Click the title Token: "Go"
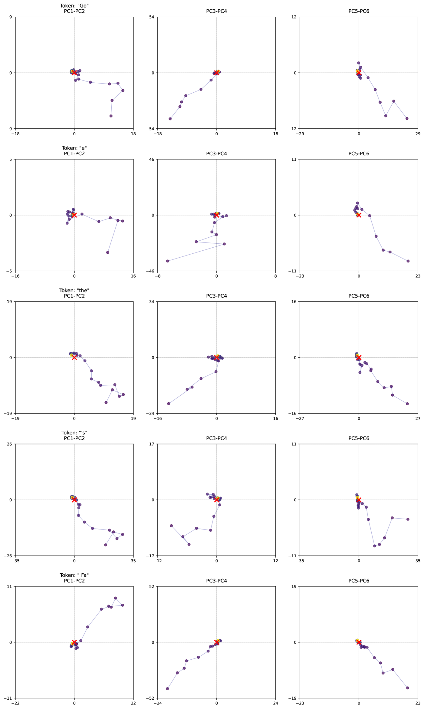[74, 6]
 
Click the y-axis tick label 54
[152, 17]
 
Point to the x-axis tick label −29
[300, 134]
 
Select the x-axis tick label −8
[157, 276]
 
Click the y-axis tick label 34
[152, 302]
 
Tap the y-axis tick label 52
[152, 586]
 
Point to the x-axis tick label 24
[275, 703]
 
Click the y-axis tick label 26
[10, 444]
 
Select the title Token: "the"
[74, 290]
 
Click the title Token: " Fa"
[74, 575]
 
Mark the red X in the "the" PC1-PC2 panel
[74, 358]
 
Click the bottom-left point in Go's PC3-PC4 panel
[170, 119]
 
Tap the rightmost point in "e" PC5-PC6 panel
[408, 261]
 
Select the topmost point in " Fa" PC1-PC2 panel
[115, 598]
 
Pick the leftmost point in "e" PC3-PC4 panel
[167, 261]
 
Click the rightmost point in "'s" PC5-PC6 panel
[408, 519]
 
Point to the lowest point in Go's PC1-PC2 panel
[111, 116]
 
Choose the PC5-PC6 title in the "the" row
[359, 296]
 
